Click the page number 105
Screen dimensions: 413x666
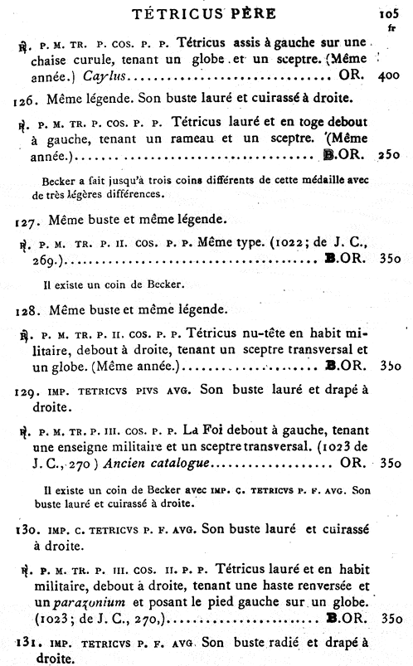(x=389, y=13)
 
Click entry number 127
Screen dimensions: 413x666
(x=27, y=220)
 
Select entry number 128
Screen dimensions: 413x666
(x=27, y=309)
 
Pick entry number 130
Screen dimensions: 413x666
(x=27, y=527)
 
